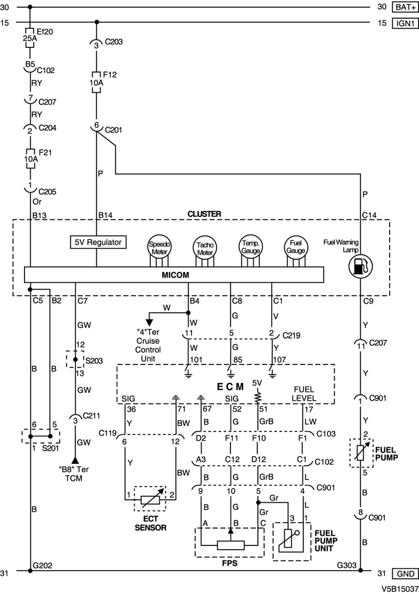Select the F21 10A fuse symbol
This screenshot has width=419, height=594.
coord(29,156)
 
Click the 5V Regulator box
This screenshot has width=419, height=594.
coord(98,243)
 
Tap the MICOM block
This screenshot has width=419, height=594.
coord(174,275)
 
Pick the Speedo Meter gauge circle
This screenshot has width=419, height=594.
coord(159,248)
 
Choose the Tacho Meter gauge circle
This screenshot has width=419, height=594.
coord(204,248)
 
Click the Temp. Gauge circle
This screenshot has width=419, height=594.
coord(250,246)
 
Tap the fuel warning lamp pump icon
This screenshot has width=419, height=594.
coord(359,265)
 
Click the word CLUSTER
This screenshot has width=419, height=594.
coord(204,213)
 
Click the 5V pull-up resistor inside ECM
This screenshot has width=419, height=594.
coord(257,396)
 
